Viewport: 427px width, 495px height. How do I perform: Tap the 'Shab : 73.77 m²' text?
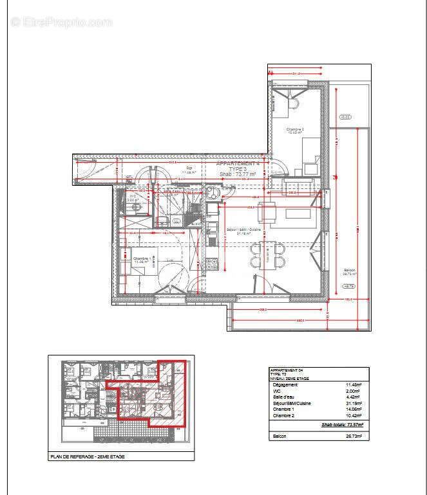[238, 174]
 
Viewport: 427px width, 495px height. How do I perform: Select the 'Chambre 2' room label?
[295, 130]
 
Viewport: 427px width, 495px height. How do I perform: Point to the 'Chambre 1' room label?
[142, 258]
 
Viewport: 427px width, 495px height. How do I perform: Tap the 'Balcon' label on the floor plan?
[349, 270]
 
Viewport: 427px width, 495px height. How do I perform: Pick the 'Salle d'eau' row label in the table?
[281, 397]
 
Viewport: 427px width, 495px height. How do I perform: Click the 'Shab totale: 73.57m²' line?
[342, 424]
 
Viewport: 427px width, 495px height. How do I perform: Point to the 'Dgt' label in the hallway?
[189, 168]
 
